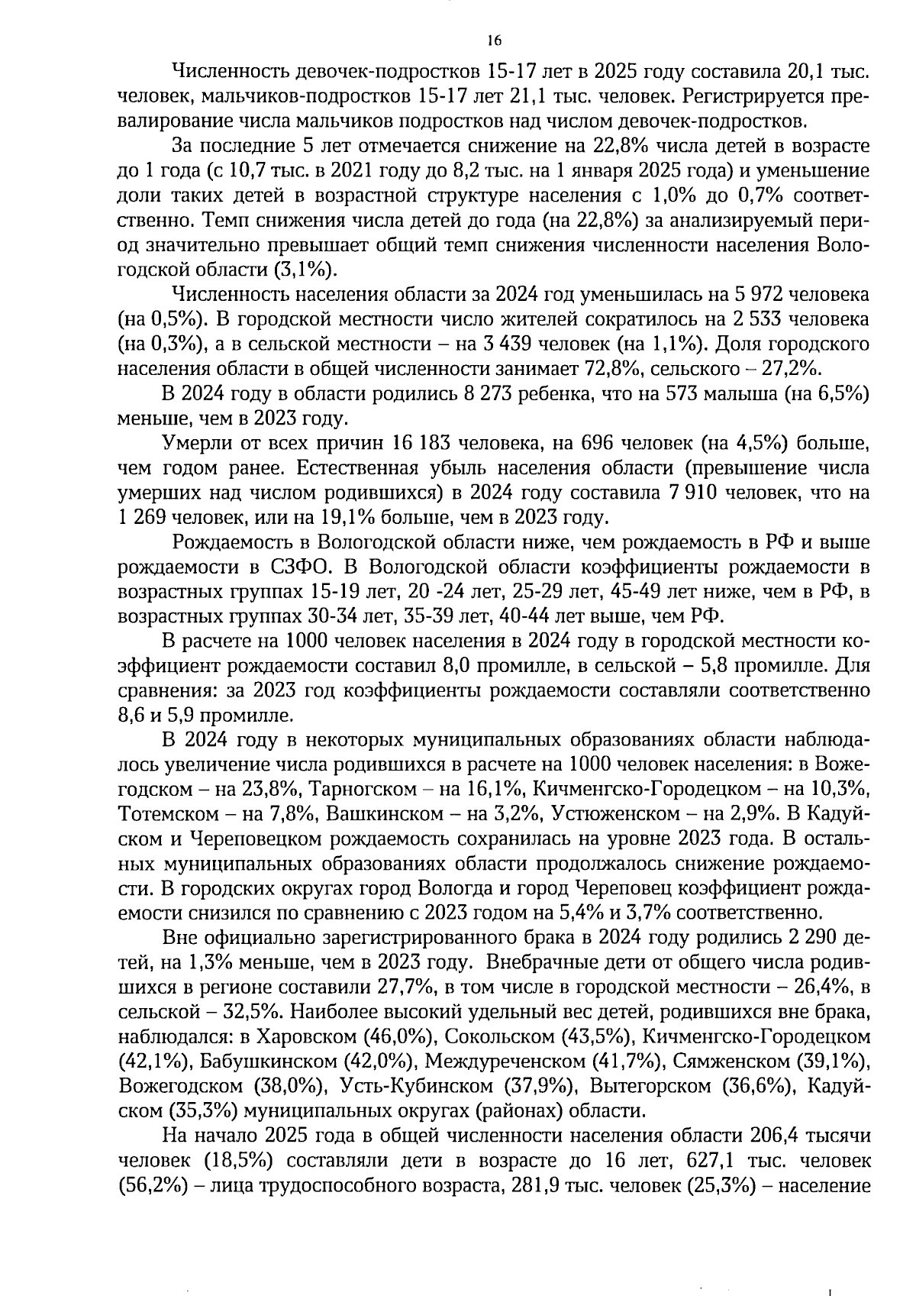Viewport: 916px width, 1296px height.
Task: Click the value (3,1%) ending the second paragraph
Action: pyautogui.click(x=305, y=270)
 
